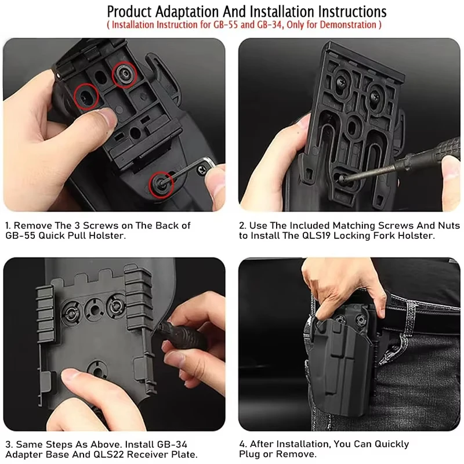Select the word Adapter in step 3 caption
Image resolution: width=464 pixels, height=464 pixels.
[x=25, y=454]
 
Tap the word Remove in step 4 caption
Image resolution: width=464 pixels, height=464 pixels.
[x=295, y=454]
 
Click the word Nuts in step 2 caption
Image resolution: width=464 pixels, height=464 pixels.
[x=448, y=225]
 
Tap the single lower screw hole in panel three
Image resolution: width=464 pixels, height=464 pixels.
[x=95, y=368]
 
